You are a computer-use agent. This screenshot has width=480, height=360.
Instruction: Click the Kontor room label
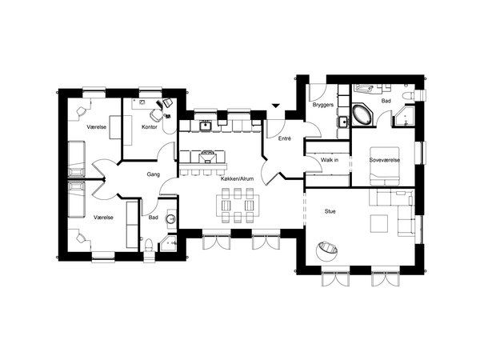[150, 126]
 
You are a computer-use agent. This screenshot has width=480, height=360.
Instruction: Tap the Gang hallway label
[154, 174]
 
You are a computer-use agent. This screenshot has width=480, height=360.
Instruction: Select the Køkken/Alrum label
[238, 178]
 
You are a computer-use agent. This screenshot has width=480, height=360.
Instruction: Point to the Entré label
[285, 138]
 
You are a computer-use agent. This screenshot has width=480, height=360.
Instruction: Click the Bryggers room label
[323, 105]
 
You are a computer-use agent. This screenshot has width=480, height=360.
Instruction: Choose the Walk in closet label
[330, 160]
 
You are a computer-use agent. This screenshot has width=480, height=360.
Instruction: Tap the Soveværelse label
[385, 160]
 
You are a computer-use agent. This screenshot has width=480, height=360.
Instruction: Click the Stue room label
[330, 211]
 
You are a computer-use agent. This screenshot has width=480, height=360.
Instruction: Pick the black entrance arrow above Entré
[276, 106]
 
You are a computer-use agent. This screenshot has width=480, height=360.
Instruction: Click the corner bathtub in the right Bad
[362, 114]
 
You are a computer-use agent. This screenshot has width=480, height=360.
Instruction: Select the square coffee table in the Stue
[379, 223]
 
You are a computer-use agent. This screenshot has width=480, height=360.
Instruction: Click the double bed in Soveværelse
[385, 166]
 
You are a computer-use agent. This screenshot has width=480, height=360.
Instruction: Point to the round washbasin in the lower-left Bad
[171, 219]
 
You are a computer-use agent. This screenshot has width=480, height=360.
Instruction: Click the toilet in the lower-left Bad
[149, 245]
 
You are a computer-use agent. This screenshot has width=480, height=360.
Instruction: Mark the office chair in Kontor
[156, 115]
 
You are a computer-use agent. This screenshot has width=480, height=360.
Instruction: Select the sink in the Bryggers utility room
[344, 122]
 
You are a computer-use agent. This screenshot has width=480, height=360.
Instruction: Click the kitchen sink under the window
[205, 126]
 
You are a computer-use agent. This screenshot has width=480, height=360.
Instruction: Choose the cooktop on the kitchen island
[207, 157]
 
